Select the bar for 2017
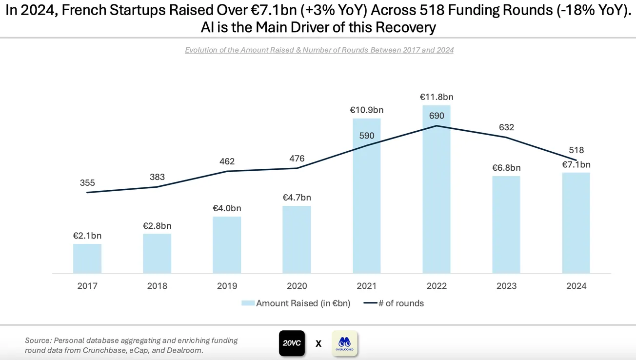tap(87, 259)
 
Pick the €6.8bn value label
tap(506, 168)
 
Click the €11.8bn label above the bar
tap(436, 97)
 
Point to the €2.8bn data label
tap(157, 226)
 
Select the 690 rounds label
tap(436, 116)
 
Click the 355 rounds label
tap(87, 183)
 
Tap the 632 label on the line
tap(506, 127)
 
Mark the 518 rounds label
tap(576, 150)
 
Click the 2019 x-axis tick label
tap(227, 286)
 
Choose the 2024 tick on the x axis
tap(576, 286)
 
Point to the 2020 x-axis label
tap(297, 286)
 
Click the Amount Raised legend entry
tap(296, 303)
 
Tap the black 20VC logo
tap(292, 343)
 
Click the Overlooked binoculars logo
tap(344, 343)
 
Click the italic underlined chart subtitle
tap(319, 50)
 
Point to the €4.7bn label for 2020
tap(297, 198)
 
